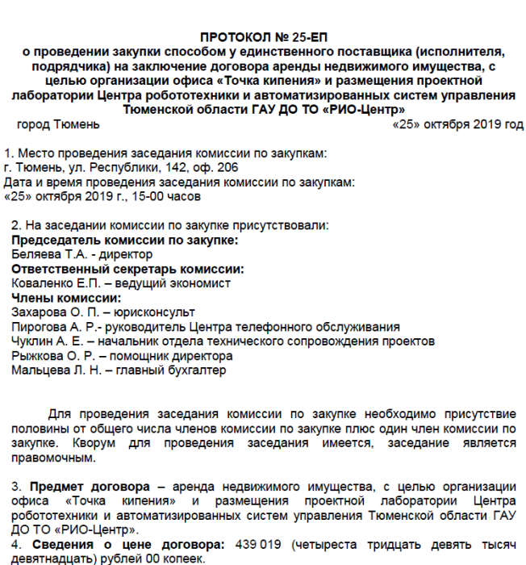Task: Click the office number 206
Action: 228,167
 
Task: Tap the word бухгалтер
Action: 198,370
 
